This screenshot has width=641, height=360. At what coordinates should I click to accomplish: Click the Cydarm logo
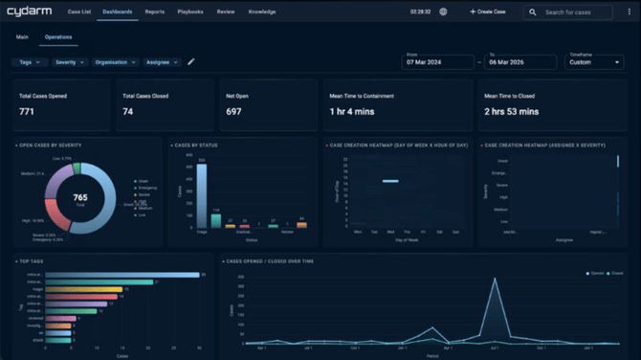point(29,11)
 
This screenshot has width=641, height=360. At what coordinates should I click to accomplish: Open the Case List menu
point(79,11)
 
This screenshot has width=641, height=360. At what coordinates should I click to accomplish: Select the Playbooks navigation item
point(188,11)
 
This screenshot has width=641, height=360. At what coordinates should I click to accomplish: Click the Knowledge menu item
point(262,11)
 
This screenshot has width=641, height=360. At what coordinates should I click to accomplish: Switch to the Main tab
point(22,36)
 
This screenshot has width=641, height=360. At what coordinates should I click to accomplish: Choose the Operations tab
point(58,36)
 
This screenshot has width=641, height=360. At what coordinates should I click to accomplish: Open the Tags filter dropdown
point(30,61)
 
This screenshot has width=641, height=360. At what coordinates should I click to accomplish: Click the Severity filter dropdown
point(70,61)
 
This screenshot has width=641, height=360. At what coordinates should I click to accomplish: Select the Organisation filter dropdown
point(116,61)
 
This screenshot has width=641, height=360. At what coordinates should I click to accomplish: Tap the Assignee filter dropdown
point(162,61)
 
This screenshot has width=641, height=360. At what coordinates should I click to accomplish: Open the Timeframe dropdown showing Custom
point(594,61)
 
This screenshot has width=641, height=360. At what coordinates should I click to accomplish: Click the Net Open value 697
point(233,112)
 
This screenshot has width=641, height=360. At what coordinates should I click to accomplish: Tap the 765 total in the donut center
point(80,197)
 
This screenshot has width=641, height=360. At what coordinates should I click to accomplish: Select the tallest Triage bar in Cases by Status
point(201,195)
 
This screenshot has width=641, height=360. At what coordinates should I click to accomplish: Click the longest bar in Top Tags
point(122,275)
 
